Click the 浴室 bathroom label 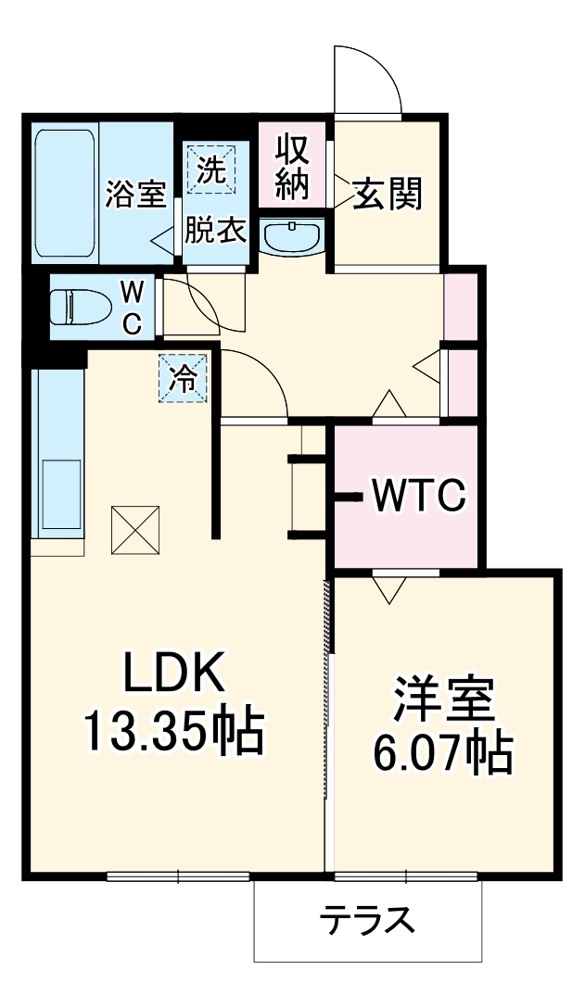pyautogui.click(x=135, y=195)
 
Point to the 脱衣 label pyautogui.click(x=216, y=230)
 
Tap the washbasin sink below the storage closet pyautogui.click(x=292, y=237)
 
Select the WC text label pyautogui.click(x=133, y=308)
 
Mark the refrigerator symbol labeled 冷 pyautogui.click(x=184, y=379)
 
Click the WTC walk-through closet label pyautogui.click(x=417, y=498)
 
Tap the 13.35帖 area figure pyautogui.click(x=174, y=732)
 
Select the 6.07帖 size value pyautogui.click(x=443, y=755)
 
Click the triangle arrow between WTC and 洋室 pyautogui.click(x=388, y=587)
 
